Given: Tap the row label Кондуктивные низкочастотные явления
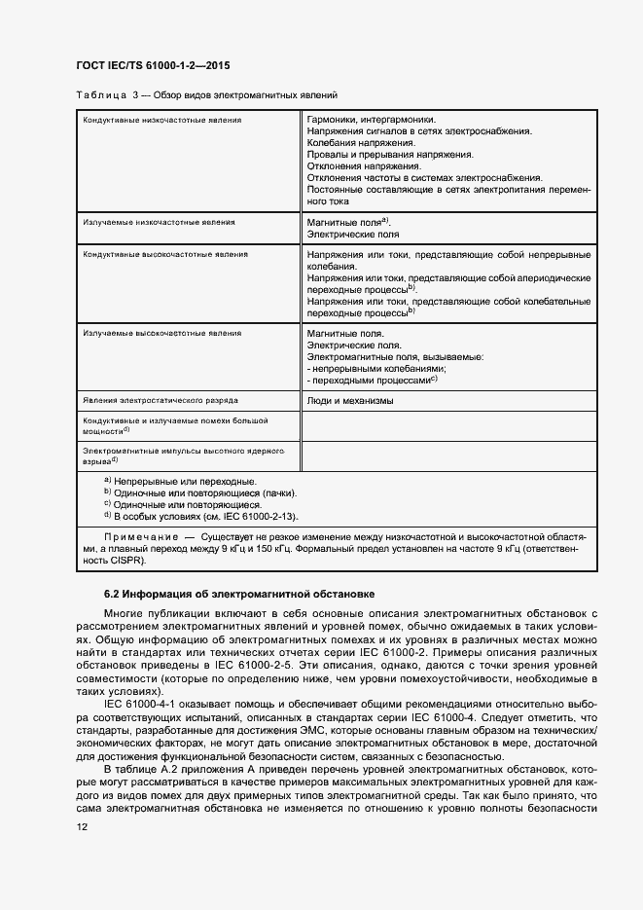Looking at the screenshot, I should click(161, 120).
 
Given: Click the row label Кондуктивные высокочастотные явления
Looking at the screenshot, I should click(164, 254).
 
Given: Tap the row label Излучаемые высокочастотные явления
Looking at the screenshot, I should click(161, 334).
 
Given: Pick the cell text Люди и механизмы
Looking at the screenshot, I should click(350, 400).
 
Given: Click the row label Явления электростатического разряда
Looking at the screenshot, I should click(161, 400).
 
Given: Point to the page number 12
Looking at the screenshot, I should click(82, 826).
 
